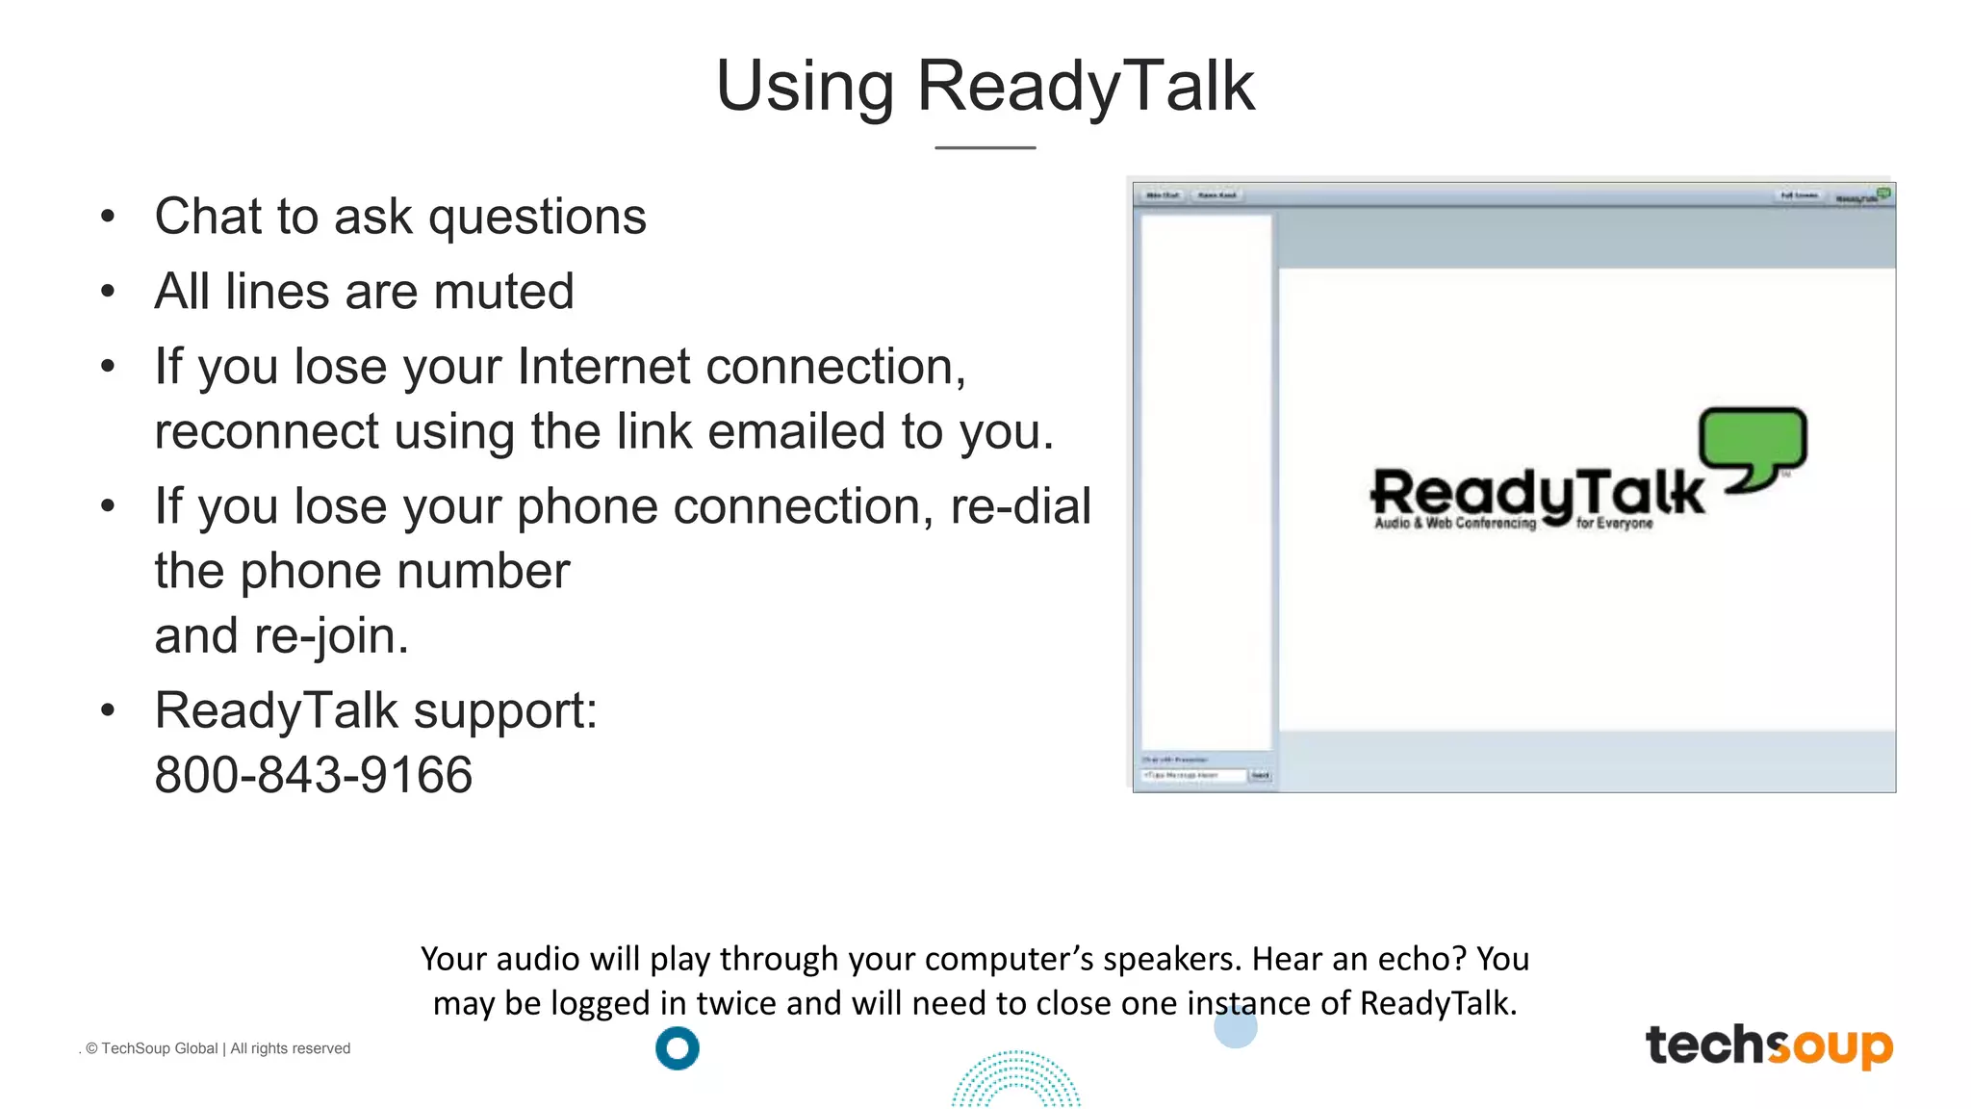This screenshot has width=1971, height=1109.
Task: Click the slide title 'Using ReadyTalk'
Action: (x=985, y=86)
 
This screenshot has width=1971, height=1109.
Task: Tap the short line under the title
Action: (x=985, y=147)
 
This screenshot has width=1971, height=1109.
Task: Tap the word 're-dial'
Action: (x=1020, y=506)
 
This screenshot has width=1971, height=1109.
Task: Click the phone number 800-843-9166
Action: (x=314, y=775)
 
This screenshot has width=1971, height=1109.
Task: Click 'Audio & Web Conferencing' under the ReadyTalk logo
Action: (x=1454, y=524)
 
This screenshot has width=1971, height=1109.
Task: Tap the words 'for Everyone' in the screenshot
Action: (x=1614, y=524)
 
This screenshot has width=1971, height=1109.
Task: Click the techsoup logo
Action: (x=1769, y=1045)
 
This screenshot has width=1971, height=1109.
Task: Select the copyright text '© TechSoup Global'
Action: (x=152, y=1048)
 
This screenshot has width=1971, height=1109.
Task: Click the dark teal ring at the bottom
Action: (x=678, y=1048)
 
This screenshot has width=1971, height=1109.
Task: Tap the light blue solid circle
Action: (x=1236, y=1027)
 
